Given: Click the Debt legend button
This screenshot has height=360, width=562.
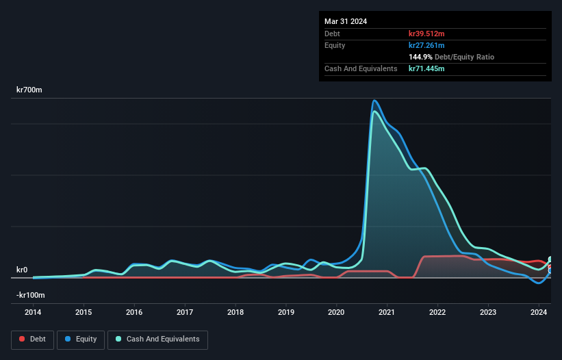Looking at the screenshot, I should (31, 339).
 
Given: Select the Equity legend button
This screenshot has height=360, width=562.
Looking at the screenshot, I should (81, 339).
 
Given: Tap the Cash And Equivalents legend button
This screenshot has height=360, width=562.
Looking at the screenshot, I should (157, 339).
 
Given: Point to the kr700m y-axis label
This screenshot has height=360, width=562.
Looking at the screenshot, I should (30, 90).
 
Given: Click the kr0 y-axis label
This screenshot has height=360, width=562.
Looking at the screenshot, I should (22, 270).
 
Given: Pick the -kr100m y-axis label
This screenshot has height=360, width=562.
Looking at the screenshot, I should (31, 295).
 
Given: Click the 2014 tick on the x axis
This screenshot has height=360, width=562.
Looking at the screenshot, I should (33, 312).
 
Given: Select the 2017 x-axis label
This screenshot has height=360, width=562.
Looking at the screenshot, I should (185, 312).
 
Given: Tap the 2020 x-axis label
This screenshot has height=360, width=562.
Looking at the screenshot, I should (337, 312).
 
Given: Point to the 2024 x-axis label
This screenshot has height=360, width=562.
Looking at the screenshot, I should (539, 312).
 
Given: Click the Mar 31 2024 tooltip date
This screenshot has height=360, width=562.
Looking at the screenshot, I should (346, 21).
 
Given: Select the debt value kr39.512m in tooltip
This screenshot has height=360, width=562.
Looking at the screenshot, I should (426, 34).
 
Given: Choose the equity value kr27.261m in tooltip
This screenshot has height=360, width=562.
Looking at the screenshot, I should (426, 45).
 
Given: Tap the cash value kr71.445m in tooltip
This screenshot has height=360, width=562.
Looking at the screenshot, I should (426, 69).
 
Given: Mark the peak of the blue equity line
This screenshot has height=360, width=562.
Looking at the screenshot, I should (374, 101).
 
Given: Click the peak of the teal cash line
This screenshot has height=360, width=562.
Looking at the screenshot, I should (373, 111).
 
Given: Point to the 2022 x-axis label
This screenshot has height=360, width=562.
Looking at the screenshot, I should (437, 312).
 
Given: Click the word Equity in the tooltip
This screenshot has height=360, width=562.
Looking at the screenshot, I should (335, 45).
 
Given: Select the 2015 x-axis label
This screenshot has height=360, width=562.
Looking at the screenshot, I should (84, 312).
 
